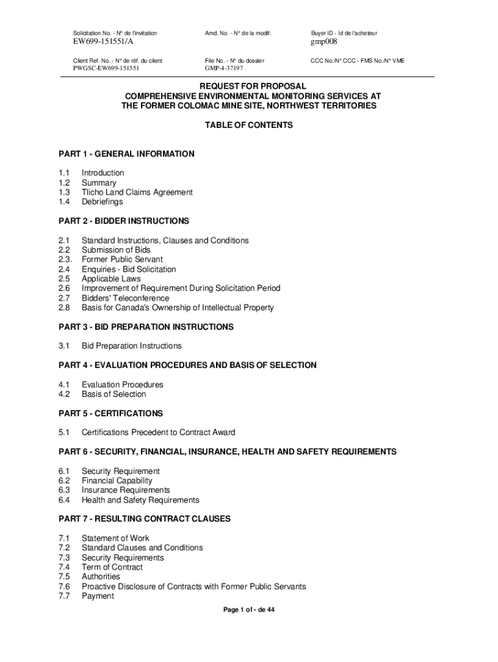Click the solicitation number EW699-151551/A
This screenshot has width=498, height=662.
(103, 42)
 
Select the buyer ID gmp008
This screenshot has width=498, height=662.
(324, 42)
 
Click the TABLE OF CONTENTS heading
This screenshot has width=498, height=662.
(249, 125)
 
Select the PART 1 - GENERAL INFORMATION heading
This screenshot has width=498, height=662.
(126, 154)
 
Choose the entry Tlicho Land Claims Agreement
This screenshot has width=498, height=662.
(137, 192)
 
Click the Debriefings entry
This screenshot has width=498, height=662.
(102, 202)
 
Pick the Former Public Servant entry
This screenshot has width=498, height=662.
(122, 259)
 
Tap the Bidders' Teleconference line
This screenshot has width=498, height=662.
(125, 298)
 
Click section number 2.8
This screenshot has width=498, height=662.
(64, 308)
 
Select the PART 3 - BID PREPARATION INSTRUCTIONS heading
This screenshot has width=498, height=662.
(146, 327)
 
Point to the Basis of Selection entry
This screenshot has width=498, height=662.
(114, 394)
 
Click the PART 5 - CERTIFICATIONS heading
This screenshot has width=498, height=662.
(111, 413)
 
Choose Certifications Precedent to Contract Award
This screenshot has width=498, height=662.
(158, 432)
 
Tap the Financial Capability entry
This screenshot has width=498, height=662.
(117, 480)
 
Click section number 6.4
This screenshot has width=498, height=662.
(64, 500)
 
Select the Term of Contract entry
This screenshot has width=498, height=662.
(112, 567)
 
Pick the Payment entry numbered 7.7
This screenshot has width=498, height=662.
(98, 596)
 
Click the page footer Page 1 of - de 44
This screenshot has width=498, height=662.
(249, 610)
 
